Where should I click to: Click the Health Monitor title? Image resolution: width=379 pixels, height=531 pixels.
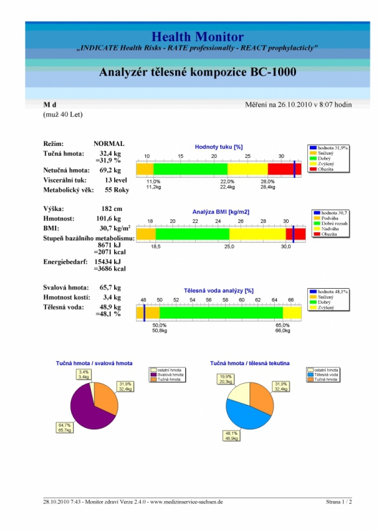coord(197,37)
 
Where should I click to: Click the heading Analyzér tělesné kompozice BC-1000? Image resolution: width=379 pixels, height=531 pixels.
coord(197,72)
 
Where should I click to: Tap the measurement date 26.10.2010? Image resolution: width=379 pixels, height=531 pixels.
coord(294,105)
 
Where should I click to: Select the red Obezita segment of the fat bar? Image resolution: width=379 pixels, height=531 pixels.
coord(285,169)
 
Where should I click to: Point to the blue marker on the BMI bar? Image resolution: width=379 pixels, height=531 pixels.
coord(293,234)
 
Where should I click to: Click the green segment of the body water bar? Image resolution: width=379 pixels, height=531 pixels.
coord(221,313)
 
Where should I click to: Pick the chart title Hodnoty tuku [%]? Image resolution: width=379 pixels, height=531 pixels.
coord(219,147)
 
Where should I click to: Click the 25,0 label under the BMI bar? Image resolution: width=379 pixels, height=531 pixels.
coord(229,246)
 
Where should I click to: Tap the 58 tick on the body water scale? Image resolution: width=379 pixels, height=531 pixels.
coord(225,300)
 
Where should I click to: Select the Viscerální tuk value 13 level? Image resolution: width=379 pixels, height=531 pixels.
coord(116,180)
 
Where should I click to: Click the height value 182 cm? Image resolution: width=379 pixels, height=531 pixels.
coord(112,208)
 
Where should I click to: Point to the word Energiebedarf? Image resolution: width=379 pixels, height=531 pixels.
coord(65,262)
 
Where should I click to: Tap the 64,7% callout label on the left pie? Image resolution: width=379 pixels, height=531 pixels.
coord(64,427)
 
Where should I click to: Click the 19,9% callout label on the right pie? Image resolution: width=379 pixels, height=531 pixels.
coord(226,379)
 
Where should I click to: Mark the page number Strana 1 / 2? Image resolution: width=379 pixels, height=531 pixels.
coord(339,502)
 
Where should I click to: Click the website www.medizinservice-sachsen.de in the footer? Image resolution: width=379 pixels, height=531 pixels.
coord(187,502)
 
